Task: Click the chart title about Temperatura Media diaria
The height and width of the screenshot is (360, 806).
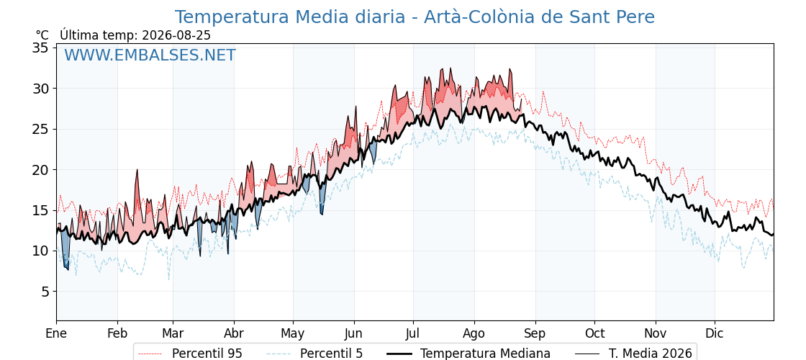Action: tap(415, 17)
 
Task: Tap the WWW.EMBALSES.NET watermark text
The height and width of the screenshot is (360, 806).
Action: tap(150, 55)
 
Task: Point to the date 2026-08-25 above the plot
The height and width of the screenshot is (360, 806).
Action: tap(176, 35)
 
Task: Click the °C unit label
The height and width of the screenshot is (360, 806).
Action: tap(42, 35)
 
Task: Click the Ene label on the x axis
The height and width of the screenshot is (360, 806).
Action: tap(56, 333)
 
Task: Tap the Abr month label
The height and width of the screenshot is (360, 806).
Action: tap(234, 333)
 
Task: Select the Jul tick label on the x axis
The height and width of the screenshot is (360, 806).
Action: tap(413, 333)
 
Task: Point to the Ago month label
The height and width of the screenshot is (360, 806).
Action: tap(474, 333)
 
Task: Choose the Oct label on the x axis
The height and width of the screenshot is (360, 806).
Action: tap(594, 333)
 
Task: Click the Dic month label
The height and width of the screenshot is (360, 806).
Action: tap(715, 333)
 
